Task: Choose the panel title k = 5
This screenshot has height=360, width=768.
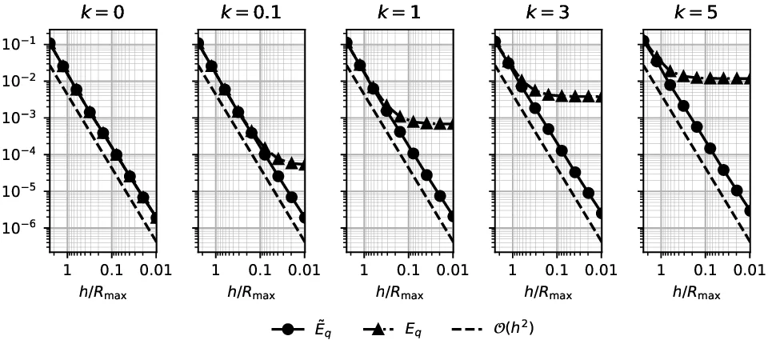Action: click(x=698, y=13)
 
